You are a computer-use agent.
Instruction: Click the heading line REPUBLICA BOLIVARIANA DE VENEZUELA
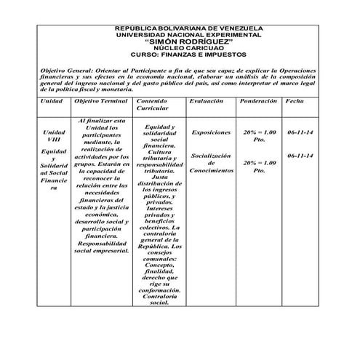[189, 28]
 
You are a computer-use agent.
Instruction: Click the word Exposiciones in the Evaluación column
[211, 132]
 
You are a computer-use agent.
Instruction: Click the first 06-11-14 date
[300, 132]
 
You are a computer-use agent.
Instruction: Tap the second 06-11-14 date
[300, 156]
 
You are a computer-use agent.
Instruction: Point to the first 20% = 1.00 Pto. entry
[260, 136]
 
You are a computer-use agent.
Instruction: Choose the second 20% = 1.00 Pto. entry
[260, 167]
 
